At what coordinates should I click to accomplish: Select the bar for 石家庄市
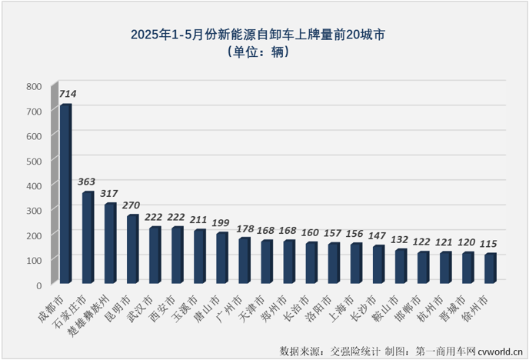coord(88,237)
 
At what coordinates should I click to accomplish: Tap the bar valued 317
coord(110,243)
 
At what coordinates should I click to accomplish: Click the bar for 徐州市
coord(490,268)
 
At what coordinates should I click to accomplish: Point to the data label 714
coord(68,95)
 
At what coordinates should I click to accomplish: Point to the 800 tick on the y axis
coord(33,87)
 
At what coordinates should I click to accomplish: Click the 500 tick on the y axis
coord(33,161)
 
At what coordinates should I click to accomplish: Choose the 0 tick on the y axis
coord(38,285)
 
